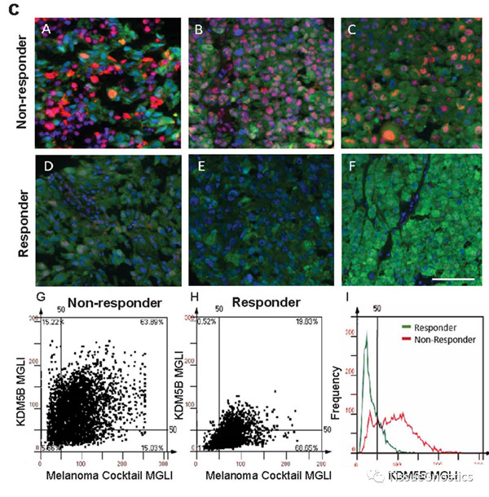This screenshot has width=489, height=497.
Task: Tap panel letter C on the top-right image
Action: [x=351, y=29]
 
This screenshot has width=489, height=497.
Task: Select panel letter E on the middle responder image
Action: [x=199, y=167]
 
